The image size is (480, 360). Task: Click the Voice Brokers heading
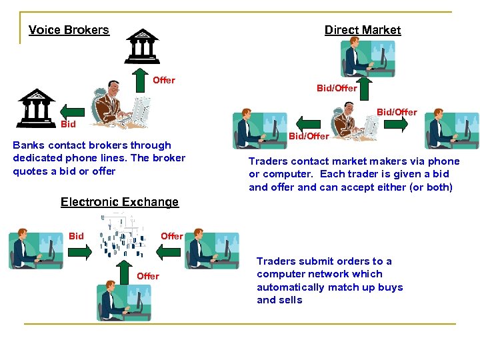(69, 30)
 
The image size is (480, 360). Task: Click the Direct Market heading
(363, 30)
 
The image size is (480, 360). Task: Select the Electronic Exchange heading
(119, 202)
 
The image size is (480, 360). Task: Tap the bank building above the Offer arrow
(143, 45)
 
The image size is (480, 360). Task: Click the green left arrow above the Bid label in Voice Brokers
(71, 109)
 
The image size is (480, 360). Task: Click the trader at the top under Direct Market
(367, 59)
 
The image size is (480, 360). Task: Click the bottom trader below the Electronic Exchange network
(123, 303)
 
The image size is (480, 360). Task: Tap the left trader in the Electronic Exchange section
(35, 249)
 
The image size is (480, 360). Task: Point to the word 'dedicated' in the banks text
(36, 158)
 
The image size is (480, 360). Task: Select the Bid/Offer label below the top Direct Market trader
(337, 88)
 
